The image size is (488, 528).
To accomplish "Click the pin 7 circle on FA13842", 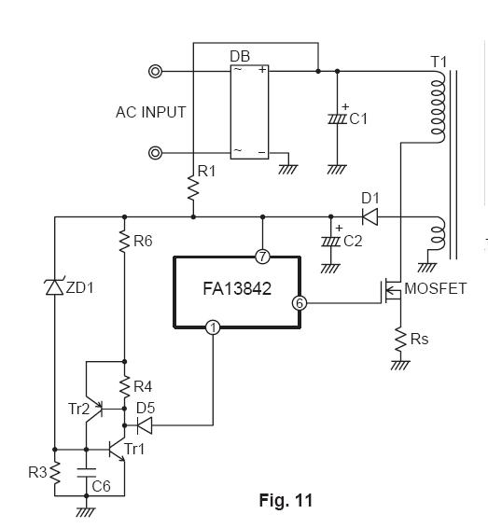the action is (263, 257).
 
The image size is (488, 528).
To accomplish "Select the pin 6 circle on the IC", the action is (300, 303).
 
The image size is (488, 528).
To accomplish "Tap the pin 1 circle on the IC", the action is (213, 327).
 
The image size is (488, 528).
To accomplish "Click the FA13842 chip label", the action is (237, 289).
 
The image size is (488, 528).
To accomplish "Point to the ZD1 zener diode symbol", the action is (54, 287).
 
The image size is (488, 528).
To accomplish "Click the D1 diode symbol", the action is (369, 216).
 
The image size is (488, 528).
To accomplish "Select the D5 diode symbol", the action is (144, 425).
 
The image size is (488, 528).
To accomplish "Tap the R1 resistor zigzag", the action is (193, 188).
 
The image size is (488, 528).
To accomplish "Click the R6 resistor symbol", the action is (125, 241).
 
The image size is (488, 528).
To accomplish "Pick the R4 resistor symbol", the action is (125, 387).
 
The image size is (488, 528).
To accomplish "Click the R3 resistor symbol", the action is (55, 473).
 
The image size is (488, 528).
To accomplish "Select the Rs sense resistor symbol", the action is (400, 340).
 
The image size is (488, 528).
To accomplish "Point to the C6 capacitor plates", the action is (87, 472).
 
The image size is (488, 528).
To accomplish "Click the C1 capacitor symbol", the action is (338, 119).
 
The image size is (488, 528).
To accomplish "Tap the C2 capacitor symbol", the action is (330, 242).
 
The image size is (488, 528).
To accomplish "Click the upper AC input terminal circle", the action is (155, 72).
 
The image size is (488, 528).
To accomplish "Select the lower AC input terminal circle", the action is (155, 153).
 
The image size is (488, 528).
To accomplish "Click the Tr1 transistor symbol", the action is (117, 450).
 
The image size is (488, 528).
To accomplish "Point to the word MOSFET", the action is (435, 288).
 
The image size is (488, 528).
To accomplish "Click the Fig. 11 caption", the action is (286, 500).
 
